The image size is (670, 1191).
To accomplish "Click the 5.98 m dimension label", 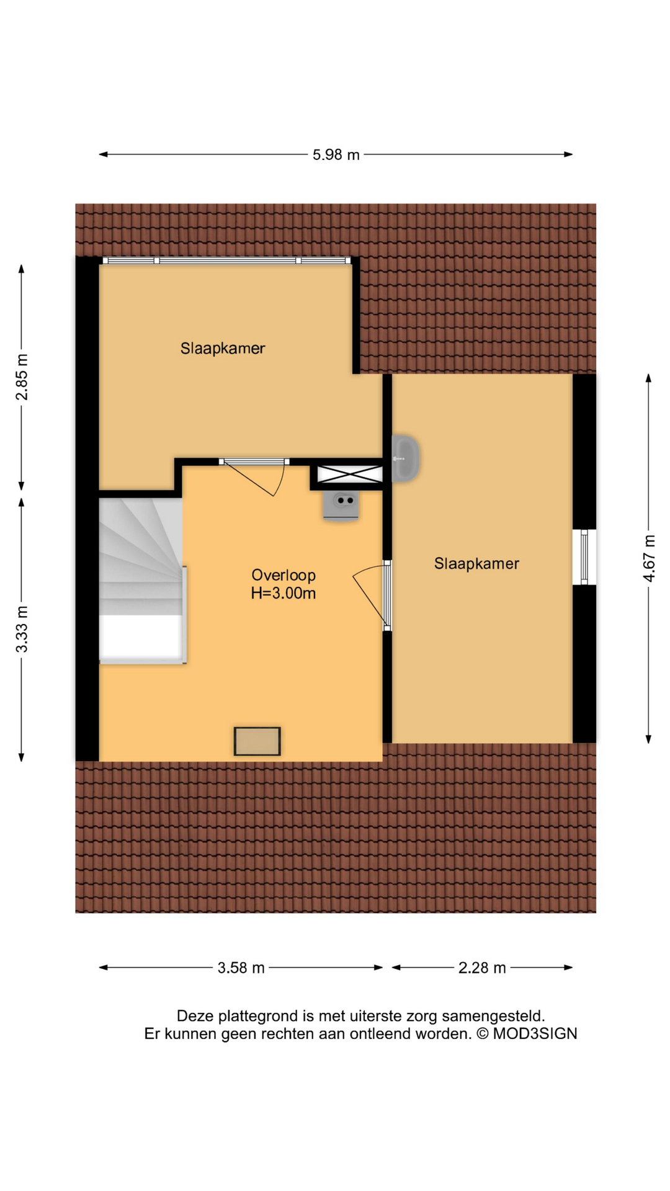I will point(336,154).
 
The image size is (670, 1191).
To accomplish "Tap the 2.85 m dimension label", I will point(22,377).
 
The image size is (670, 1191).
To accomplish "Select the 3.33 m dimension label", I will point(22,629).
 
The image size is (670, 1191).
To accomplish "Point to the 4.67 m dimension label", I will point(648,558).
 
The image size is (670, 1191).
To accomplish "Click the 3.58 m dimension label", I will point(241,968).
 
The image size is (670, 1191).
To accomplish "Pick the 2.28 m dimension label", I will point(482,968).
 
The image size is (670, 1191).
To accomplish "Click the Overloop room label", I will point(284,575).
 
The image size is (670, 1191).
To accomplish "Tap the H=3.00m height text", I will point(284,593).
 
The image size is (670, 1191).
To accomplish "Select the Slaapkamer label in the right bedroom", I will point(476,563).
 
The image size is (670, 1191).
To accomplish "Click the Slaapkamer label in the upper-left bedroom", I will point(223,349).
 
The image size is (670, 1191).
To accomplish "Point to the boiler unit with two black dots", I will point(341,504).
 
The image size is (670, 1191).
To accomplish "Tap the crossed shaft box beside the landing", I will point(350,475).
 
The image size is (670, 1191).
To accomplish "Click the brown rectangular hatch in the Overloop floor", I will point(257,741).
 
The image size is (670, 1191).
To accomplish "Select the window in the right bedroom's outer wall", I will point(584,556).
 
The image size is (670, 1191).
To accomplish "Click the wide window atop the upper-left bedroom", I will point(226,261).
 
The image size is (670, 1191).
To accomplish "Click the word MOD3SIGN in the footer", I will point(535,1034).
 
